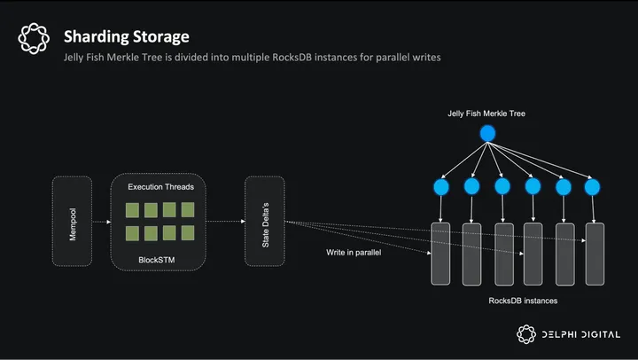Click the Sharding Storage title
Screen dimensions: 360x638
126,36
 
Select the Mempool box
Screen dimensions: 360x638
73,222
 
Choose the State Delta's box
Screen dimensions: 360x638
264,222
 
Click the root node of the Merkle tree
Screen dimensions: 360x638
486,134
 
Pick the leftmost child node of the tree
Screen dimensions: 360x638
441,187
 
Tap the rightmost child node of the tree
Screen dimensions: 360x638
593,187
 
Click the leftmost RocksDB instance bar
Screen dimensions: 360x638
440,254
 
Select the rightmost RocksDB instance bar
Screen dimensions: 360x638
595,254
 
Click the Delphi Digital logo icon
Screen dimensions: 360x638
527,333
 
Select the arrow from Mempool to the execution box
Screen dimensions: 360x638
101,222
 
